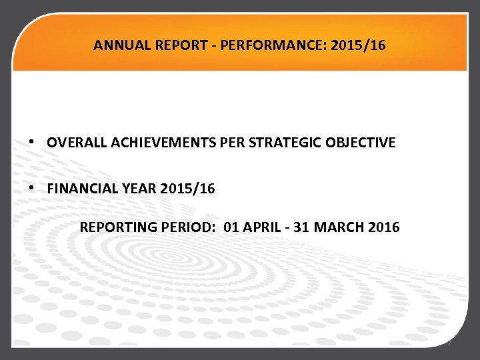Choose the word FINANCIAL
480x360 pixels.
(x=79, y=189)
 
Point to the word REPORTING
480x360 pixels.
(x=118, y=227)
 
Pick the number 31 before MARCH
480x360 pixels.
(x=302, y=227)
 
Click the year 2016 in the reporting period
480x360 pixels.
(x=384, y=227)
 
